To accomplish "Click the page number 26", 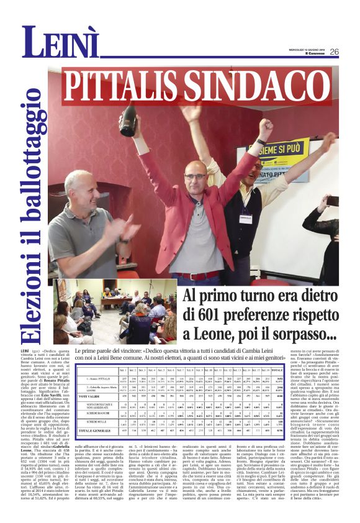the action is [x=334, y=52].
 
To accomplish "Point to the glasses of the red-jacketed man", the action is [x=196, y=176].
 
